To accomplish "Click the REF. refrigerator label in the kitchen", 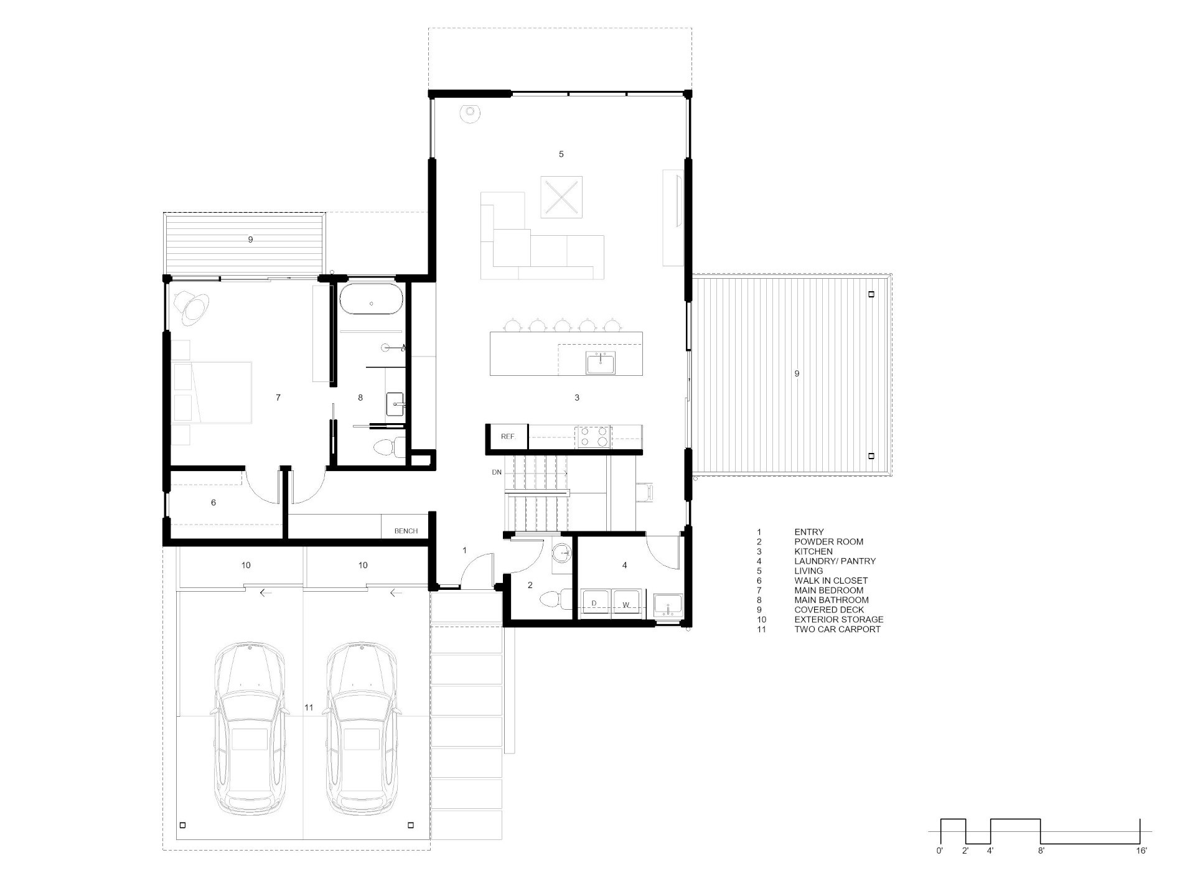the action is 508,437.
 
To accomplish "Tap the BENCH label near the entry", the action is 406,531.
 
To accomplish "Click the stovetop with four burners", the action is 594,436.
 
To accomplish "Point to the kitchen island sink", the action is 601,363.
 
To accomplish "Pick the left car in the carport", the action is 251,729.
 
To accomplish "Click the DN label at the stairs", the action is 497,472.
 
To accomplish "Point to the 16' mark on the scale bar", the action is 1141,851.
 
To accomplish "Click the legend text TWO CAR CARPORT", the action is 837,629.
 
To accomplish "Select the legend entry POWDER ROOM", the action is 828,541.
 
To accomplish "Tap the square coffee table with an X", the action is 561,197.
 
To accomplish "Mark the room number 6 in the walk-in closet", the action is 213,502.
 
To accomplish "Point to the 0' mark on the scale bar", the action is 940,851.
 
